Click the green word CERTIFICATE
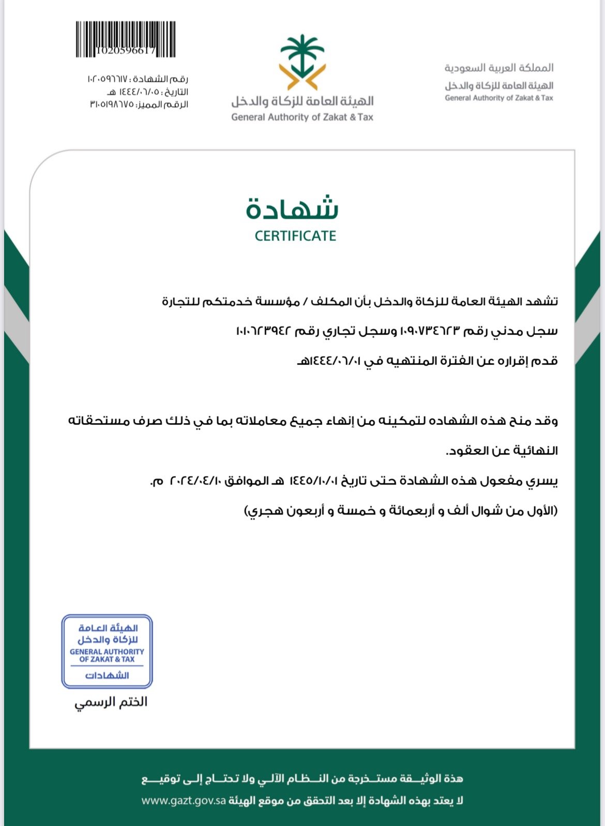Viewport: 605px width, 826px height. pos(295,236)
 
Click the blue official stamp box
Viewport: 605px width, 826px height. pos(107,651)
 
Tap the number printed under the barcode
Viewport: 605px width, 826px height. pos(126,50)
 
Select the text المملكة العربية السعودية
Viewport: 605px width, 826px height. pos(499,68)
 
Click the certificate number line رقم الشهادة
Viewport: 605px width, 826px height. pos(138,79)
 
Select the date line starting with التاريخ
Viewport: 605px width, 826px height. pos(148,92)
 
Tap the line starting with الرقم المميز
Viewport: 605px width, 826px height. pos(139,104)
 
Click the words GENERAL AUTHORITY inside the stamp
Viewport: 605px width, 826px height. pos(107,652)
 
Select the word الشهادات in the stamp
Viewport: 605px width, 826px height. pos(107,675)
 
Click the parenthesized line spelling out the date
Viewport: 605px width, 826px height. pos(401,511)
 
